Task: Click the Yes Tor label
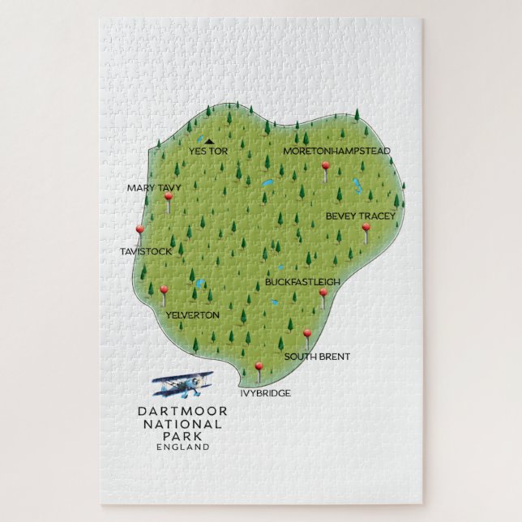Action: click(x=208, y=152)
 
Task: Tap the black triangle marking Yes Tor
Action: click(x=209, y=141)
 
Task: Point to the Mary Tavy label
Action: click(x=154, y=187)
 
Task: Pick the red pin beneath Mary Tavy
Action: click(x=169, y=197)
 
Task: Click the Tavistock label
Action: click(x=146, y=251)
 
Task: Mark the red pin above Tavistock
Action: click(x=139, y=230)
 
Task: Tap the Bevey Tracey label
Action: click(x=361, y=216)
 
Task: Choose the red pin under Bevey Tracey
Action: click(x=366, y=229)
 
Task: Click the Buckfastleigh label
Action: click(x=302, y=281)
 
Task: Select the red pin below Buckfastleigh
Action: click(x=323, y=293)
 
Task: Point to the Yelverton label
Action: click(x=192, y=314)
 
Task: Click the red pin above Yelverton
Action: click(x=164, y=290)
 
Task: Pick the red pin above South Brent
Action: click(x=307, y=334)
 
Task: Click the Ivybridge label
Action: click(x=265, y=393)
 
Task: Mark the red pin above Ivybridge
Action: click(x=259, y=367)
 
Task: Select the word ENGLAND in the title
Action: click(x=182, y=446)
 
